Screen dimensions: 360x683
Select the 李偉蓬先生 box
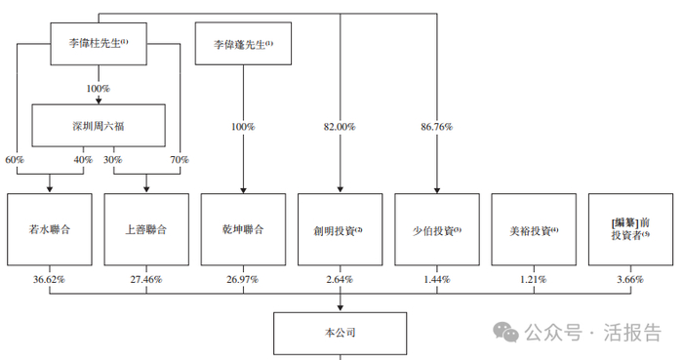coord(242,45)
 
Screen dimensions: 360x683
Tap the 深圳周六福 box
coord(99,125)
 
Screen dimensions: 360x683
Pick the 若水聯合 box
coord(48,230)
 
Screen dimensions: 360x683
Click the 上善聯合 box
coord(145,230)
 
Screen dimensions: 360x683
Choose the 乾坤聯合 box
coord(242,230)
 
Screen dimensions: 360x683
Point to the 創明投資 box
coord(340,230)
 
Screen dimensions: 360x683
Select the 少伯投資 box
coord(437,230)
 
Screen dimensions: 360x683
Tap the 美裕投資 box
coord(534,230)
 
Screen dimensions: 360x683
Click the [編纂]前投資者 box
coord(630,230)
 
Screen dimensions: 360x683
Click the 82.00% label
coord(339,127)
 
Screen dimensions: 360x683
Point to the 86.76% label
coord(436,127)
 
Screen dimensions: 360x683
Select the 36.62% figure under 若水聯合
coord(48,279)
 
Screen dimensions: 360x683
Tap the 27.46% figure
coord(145,279)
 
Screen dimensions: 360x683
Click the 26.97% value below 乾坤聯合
coord(242,279)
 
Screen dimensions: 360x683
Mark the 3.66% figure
coord(630,279)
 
